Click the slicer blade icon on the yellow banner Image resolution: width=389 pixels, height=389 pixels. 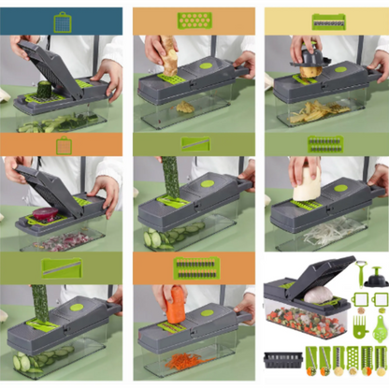tap(326, 20)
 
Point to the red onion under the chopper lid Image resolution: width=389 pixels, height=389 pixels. tap(47, 219)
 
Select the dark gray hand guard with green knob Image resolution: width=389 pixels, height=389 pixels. tap(376, 277)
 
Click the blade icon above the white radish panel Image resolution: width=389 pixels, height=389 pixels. tap(326, 144)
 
